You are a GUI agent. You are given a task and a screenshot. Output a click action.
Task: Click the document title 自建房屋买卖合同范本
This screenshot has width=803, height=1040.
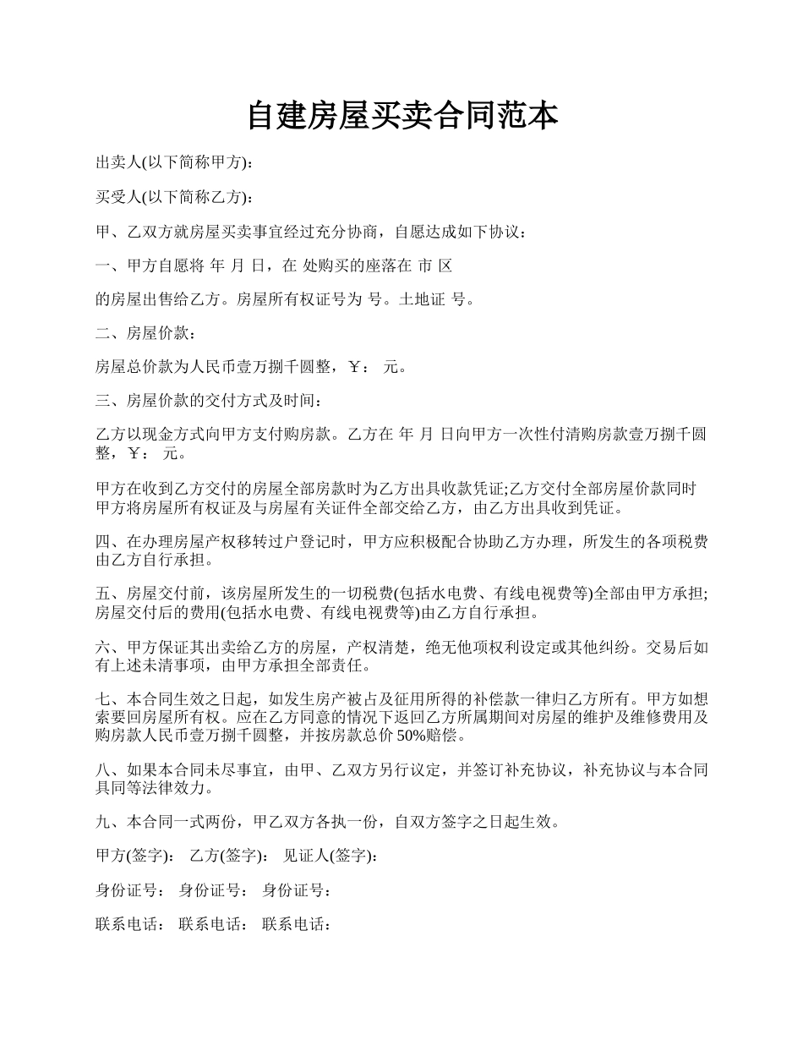[x=401, y=116]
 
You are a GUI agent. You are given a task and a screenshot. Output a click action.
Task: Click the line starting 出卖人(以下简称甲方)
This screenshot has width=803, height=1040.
[x=173, y=162]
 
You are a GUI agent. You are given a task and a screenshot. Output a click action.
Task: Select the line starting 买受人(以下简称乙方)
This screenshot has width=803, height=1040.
[x=173, y=197]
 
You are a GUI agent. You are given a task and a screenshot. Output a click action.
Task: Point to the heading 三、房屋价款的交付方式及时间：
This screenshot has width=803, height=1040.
[x=208, y=400]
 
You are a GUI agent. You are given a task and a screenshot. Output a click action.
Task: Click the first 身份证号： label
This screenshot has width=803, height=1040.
[x=131, y=890]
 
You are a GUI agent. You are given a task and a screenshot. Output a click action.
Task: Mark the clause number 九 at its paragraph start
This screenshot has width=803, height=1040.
[x=104, y=821]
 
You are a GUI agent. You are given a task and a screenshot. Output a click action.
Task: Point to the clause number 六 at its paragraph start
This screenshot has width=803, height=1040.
[x=104, y=648]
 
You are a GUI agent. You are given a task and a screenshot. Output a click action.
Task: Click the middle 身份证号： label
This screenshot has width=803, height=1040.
[x=214, y=890]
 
